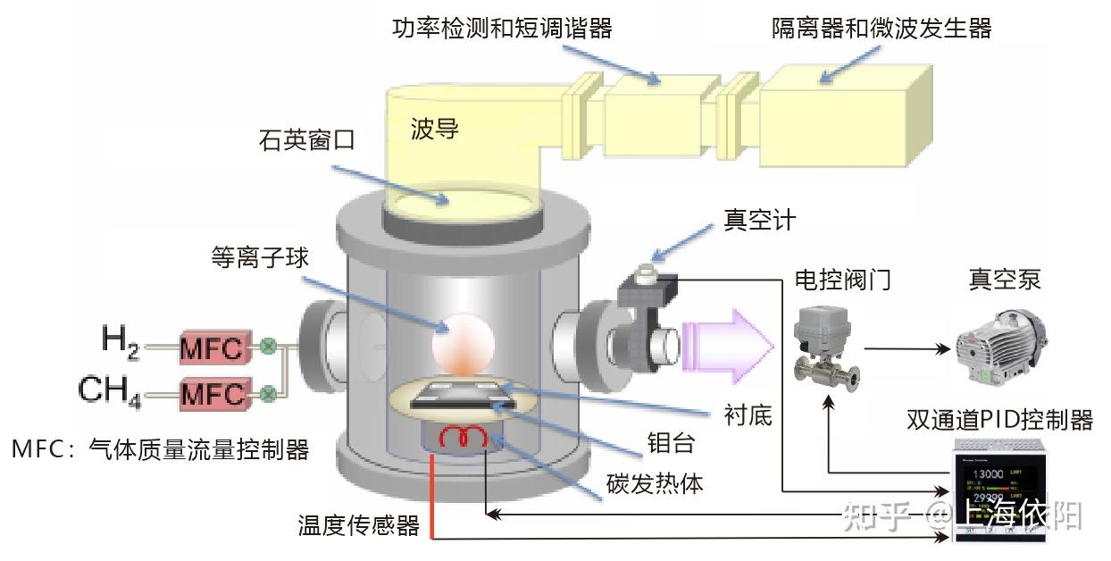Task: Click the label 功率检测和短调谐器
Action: tap(502, 29)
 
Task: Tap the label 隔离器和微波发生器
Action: tap(881, 29)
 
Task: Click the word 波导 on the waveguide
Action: tap(435, 130)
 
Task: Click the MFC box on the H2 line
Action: tap(213, 347)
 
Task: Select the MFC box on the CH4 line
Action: tap(213, 393)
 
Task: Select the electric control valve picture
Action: tap(820, 343)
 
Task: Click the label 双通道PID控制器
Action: tap(999, 420)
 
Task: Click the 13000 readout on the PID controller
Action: tap(990, 473)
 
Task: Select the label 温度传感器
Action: tap(358, 525)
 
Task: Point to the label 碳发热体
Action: tap(655, 483)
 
